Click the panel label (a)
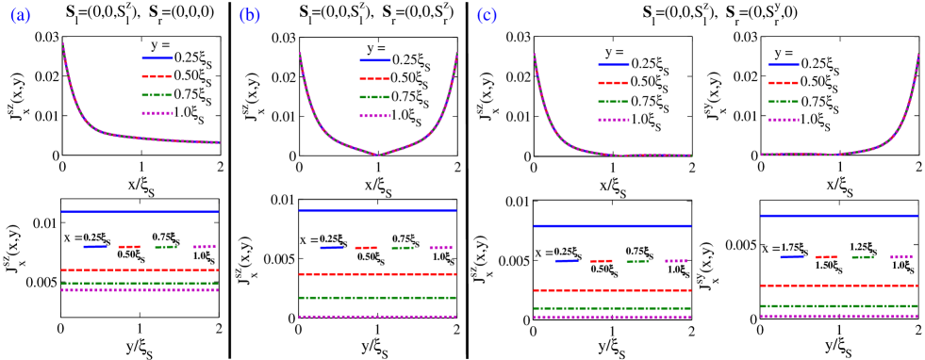point(20,16)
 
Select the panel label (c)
point(487,16)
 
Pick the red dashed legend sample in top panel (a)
point(157,76)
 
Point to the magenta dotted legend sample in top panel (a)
point(157,113)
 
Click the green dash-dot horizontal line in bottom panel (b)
point(377,298)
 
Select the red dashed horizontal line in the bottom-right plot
point(838,286)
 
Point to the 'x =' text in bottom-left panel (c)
point(542,253)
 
